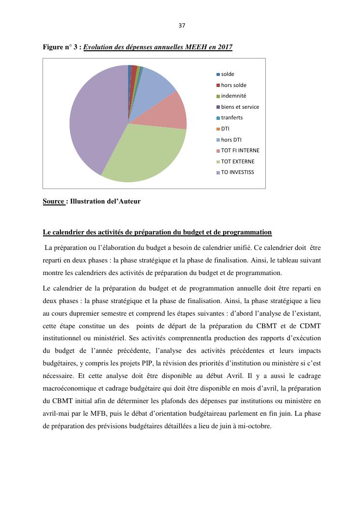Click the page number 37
[182, 26]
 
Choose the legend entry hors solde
[233, 85]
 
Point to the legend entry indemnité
[233, 96]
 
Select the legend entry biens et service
[240, 107]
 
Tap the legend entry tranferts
[231, 117]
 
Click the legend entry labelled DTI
[225, 129]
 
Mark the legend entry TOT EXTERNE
[237, 161]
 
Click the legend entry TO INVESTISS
[237, 172]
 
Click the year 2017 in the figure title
[225, 47]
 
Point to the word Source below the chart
[54, 202]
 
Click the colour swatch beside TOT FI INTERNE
[218, 151]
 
